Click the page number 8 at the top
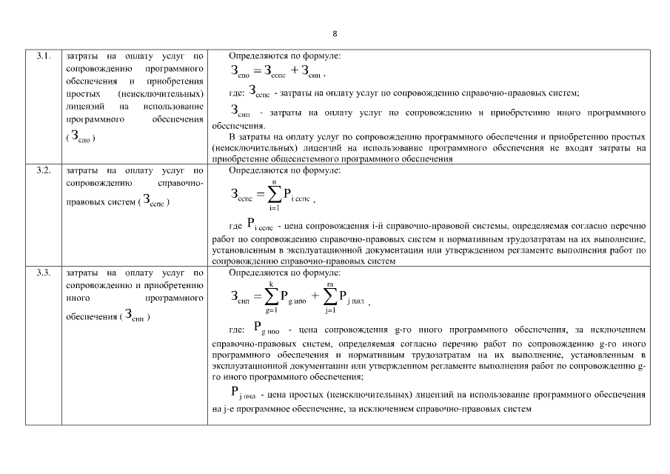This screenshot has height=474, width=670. click(x=335, y=34)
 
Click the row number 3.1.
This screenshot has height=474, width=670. click(x=43, y=56)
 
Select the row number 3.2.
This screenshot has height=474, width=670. click(x=43, y=170)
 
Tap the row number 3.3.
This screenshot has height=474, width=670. click(x=43, y=273)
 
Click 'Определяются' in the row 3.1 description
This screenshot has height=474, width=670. click(x=254, y=56)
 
